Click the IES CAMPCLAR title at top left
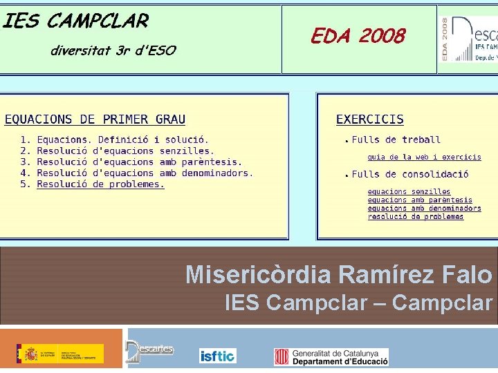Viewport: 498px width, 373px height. click(x=76, y=21)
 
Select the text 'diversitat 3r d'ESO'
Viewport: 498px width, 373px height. click(x=113, y=50)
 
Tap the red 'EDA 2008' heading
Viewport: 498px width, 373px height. click(x=358, y=37)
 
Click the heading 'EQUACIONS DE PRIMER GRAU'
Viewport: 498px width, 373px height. click(x=95, y=119)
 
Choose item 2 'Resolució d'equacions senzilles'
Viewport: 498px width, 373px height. click(x=125, y=151)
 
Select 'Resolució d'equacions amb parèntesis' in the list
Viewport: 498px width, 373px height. click(x=139, y=162)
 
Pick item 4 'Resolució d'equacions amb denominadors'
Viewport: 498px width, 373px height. click(x=145, y=173)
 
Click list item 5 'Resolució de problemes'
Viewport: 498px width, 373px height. click(x=100, y=184)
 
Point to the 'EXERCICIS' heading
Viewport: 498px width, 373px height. click(x=369, y=119)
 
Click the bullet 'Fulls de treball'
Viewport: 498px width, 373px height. click(x=396, y=140)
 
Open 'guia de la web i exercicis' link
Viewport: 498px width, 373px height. click(x=424, y=157)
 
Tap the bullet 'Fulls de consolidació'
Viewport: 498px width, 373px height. click(x=409, y=174)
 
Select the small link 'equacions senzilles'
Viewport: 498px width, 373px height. click(x=409, y=191)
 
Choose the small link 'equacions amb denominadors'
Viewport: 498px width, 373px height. click(x=424, y=208)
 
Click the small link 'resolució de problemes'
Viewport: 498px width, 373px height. click(x=416, y=216)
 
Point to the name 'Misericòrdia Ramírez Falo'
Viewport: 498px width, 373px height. click(x=338, y=275)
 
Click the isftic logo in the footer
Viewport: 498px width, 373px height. click(x=217, y=356)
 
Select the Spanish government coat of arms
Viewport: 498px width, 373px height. click(x=31, y=354)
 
